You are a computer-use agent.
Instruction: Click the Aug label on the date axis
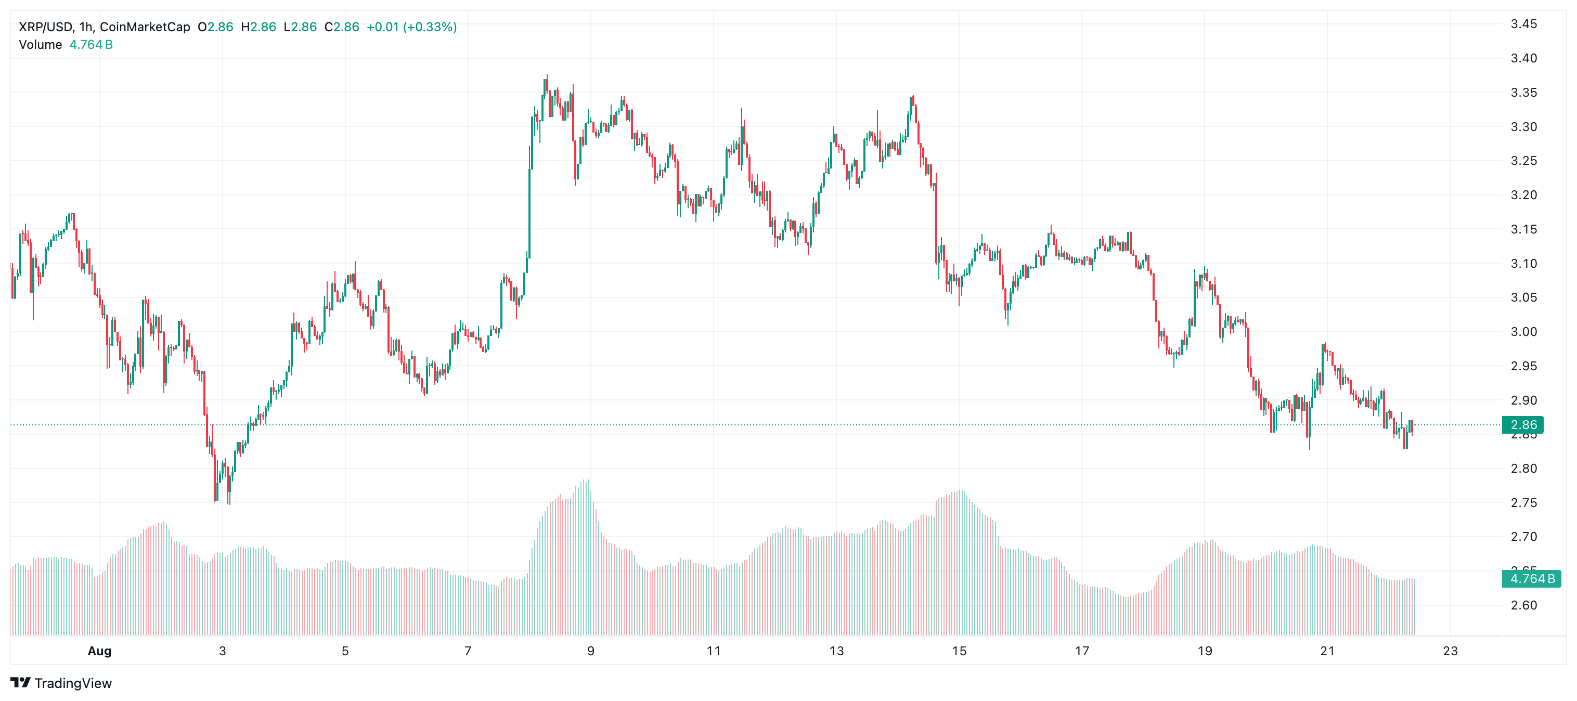tap(99, 651)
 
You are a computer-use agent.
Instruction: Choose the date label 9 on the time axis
tap(590, 651)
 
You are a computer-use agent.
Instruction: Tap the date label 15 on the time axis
tap(959, 651)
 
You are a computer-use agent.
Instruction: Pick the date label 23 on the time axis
tap(1450, 651)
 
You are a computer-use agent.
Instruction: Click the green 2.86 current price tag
tap(1523, 425)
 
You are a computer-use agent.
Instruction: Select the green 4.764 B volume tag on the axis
tap(1532, 579)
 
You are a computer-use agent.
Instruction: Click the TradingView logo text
tap(73, 683)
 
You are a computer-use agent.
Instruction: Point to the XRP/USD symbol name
tap(45, 27)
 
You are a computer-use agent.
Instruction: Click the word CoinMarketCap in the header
tap(145, 27)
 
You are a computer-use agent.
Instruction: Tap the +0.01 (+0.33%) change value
tap(411, 27)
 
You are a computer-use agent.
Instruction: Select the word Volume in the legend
tap(41, 45)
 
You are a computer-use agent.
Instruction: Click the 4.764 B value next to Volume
tap(91, 45)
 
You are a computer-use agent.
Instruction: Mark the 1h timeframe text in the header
tap(86, 27)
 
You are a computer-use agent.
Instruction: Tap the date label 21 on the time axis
tap(1327, 651)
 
